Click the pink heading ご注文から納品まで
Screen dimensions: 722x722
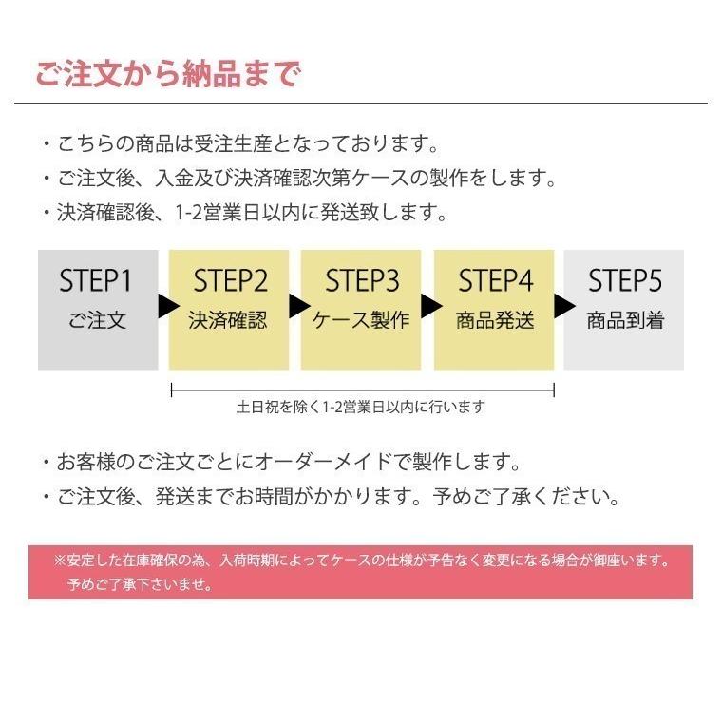coord(167,74)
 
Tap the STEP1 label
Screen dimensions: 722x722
coord(96,281)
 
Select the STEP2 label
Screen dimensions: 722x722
coord(230,281)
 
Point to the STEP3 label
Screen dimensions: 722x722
coord(362,281)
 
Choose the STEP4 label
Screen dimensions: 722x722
coord(495,281)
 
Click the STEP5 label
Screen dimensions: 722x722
coord(624,281)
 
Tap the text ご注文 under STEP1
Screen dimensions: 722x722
coord(97,320)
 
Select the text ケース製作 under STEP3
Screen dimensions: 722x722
coord(362,320)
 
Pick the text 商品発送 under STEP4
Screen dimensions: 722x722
coord(495,320)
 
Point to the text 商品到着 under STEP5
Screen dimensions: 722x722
coord(624,320)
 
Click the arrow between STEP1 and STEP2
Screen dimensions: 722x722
coord(165,307)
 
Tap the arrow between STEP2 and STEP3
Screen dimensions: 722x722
coord(297,307)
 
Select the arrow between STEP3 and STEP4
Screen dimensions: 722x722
coord(429,307)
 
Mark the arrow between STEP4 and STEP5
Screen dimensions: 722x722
coord(562,307)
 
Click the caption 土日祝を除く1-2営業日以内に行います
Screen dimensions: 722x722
coord(361,408)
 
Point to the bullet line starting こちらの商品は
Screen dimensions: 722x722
coord(238,145)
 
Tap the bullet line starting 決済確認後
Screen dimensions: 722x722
coord(244,212)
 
